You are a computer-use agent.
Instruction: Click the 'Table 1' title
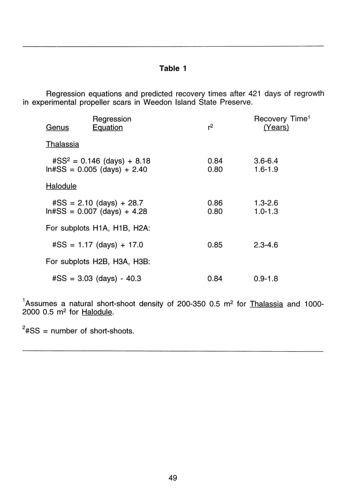click(x=172, y=68)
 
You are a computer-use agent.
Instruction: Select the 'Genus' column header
click(x=57, y=127)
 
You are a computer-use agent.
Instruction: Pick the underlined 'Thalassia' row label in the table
click(x=62, y=144)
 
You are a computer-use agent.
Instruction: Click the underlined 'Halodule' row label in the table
click(x=61, y=186)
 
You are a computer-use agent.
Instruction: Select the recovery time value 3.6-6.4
click(x=266, y=161)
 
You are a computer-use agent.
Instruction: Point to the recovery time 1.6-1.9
click(x=266, y=169)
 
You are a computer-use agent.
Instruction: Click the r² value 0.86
click(x=215, y=203)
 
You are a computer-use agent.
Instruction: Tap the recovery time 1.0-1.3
click(x=266, y=211)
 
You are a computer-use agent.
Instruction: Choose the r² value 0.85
click(x=215, y=245)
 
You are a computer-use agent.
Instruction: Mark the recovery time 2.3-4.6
click(x=266, y=245)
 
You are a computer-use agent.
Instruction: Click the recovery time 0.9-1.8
click(x=266, y=279)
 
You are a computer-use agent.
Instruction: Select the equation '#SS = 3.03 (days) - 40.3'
click(x=97, y=279)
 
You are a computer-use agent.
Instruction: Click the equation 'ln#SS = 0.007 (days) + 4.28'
click(x=96, y=211)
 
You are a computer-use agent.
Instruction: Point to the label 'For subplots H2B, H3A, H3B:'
click(x=98, y=262)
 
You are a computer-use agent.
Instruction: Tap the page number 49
click(x=173, y=478)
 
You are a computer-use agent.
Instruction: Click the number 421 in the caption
click(x=255, y=94)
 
